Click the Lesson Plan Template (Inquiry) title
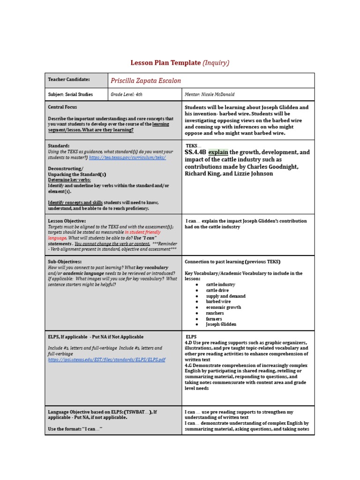point(180,63)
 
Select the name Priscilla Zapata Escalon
point(145,81)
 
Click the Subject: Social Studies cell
point(70,94)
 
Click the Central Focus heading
point(62,107)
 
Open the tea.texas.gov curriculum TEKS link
point(127,157)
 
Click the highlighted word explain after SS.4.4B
point(218,152)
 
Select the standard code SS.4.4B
point(195,152)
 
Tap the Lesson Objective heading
point(67,221)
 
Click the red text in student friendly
point(142,232)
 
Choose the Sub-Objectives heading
point(65,262)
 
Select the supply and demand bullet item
point(225,296)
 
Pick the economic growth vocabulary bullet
point(224,307)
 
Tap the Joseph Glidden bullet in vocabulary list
point(221,324)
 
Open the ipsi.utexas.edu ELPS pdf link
point(106,360)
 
